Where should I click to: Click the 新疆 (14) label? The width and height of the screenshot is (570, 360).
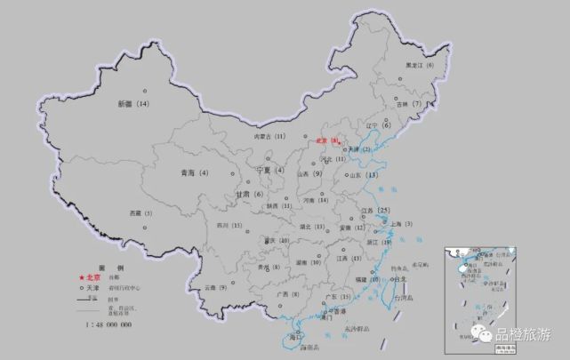tap(134, 105)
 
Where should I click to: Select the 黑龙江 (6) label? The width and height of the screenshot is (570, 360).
tap(419, 66)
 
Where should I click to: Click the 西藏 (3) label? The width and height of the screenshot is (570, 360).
tap(141, 213)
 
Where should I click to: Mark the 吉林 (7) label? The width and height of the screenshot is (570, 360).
tap(409, 104)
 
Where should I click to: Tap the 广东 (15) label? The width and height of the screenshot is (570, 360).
tap(339, 297)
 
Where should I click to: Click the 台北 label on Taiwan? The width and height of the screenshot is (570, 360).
tap(397, 279)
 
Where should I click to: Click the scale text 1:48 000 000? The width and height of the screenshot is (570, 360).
tap(108, 325)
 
